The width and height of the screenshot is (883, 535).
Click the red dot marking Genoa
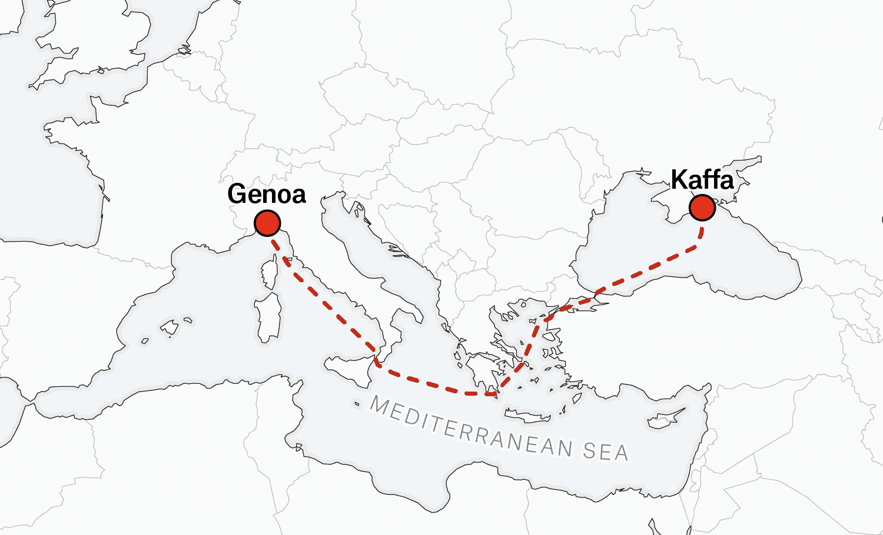tap(267, 223)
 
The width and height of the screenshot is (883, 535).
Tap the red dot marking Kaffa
tap(702, 208)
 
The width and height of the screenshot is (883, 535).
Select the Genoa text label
tap(267, 194)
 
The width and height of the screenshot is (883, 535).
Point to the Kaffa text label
tap(702, 179)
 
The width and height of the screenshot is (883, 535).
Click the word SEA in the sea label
tap(606, 452)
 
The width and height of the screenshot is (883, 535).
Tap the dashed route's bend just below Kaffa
tap(700, 238)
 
